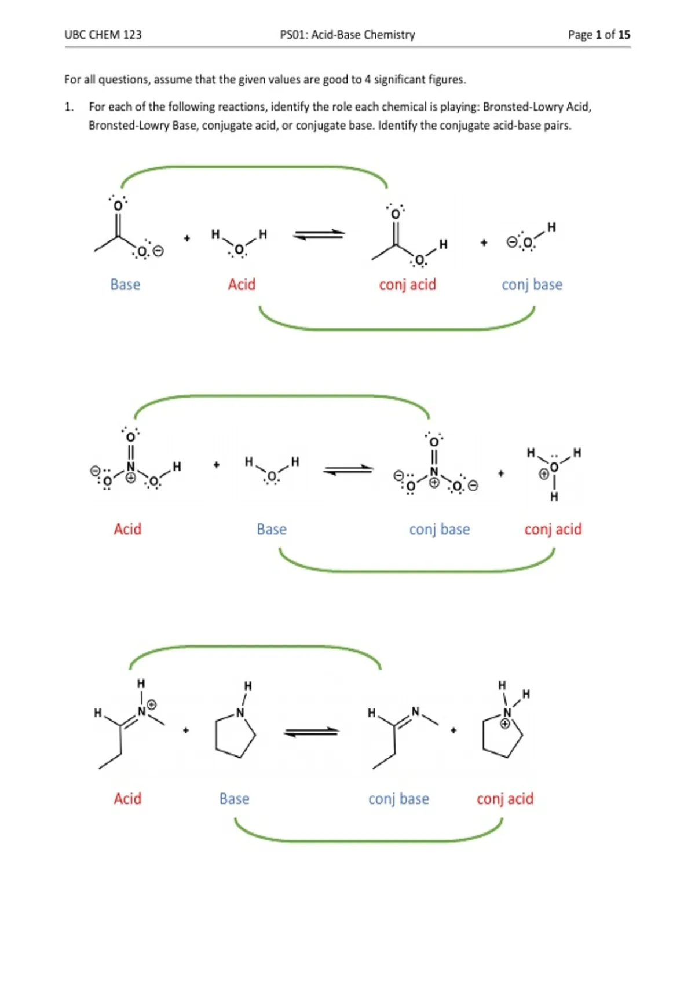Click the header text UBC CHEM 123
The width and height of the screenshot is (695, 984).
pyautogui.click(x=103, y=35)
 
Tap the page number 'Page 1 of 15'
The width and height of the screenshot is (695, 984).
pyautogui.click(x=599, y=35)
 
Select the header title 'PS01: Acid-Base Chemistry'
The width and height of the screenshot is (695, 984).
pyautogui.click(x=348, y=35)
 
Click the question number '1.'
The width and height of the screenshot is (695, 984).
pyautogui.click(x=69, y=107)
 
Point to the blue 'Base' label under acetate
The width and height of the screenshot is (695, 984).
pyautogui.click(x=125, y=284)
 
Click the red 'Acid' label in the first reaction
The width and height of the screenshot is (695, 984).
pyautogui.click(x=242, y=284)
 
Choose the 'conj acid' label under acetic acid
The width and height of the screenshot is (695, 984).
pyautogui.click(x=408, y=284)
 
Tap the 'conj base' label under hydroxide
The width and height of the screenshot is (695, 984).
pyautogui.click(x=532, y=284)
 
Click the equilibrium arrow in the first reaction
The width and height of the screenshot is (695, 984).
pyautogui.click(x=319, y=235)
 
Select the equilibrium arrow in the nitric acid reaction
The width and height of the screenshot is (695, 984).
pyautogui.click(x=348, y=470)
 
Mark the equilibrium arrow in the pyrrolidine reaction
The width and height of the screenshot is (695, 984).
pyautogui.click(x=312, y=732)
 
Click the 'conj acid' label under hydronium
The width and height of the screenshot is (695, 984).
pyautogui.click(x=553, y=529)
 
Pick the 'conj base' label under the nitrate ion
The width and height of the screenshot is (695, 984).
pyautogui.click(x=440, y=529)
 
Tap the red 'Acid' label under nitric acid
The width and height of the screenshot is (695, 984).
pyautogui.click(x=127, y=529)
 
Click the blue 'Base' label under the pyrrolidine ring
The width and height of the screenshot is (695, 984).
pyautogui.click(x=235, y=798)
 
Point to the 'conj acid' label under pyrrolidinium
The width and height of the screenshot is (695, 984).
pyautogui.click(x=505, y=798)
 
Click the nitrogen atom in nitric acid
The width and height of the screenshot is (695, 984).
pyautogui.click(x=130, y=467)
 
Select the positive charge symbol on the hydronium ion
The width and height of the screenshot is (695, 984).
pyautogui.click(x=544, y=474)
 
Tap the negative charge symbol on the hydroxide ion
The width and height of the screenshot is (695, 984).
pyautogui.click(x=511, y=241)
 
